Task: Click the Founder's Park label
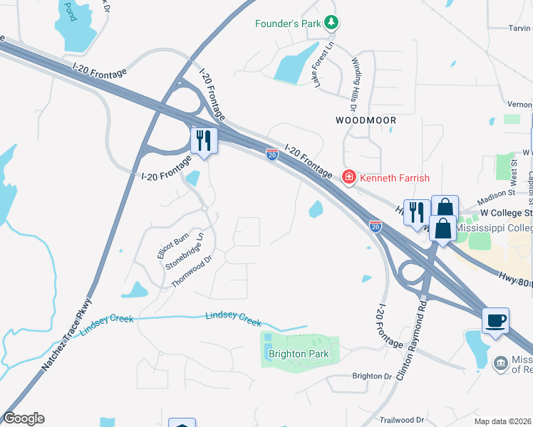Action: tap(289, 23)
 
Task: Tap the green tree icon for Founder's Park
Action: tap(331, 23)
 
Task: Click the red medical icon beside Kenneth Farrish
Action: tap(349, 176)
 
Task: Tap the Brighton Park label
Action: tap(299, 354)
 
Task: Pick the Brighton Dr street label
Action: tap(372, 376)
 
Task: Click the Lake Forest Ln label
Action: tap(322, 64)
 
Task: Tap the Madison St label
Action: tap(496, 192)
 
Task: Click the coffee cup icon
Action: tap(496, 320)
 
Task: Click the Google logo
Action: tap(24, 418)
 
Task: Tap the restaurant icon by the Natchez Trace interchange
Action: tap(204, 140)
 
